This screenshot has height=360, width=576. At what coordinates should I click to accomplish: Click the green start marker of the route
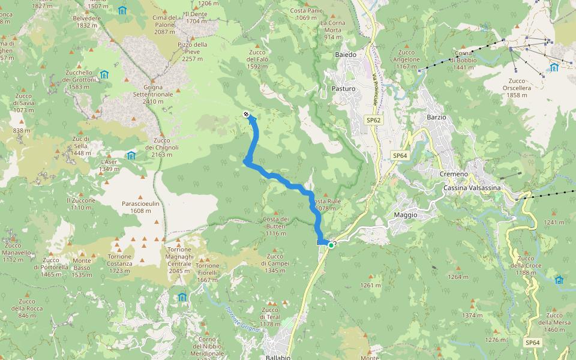click(x=331, y=245)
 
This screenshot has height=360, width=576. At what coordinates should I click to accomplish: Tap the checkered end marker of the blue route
click(x=246, y=114)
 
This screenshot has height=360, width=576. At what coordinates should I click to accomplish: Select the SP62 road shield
click(x=374, y=120)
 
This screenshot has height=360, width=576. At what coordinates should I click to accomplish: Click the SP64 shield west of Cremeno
click(x=400, y=155)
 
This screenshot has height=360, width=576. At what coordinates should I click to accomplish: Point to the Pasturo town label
click(x=343, y=89)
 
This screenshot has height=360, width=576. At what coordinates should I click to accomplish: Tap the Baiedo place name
click(x=346, y=55)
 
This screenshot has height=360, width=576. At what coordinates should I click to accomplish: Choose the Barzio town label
click(x=436, y=117)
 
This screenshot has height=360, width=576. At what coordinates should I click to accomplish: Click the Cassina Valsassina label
click(x=472, y=188)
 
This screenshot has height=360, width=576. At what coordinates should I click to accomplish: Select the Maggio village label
click(x=406, y=215)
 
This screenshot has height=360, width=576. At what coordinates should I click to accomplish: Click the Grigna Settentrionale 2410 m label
click(x=153, y=94)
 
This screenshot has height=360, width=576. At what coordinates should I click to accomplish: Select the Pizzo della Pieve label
click(x=193, y=52)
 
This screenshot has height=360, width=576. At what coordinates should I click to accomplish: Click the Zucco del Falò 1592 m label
click(x=257, y=59)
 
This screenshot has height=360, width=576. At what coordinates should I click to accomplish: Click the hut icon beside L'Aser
click(x=131, y=156)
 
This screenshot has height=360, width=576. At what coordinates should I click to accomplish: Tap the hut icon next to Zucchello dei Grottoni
click(x=104, y=75)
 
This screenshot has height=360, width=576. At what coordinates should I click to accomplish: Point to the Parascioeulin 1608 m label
click(x=140, y=207)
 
